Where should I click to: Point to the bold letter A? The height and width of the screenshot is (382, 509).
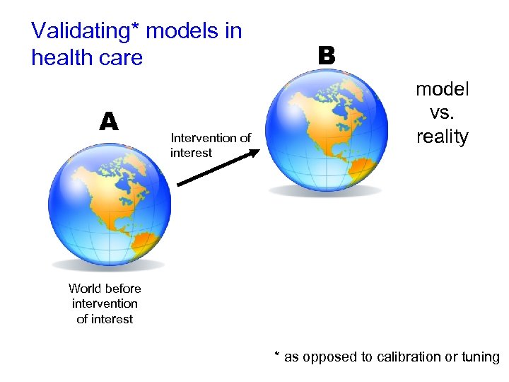click(x=108, y=122)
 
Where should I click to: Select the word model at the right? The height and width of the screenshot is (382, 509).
click(x=443, y=89)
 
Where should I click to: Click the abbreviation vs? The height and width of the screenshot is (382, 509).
click(x=443, y=112)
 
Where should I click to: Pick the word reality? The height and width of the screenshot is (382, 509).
click(x=443, y=137)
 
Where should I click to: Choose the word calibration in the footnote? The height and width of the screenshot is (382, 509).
click(x=399, y=357)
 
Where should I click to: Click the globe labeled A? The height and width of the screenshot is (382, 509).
click(x=110, y=205)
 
